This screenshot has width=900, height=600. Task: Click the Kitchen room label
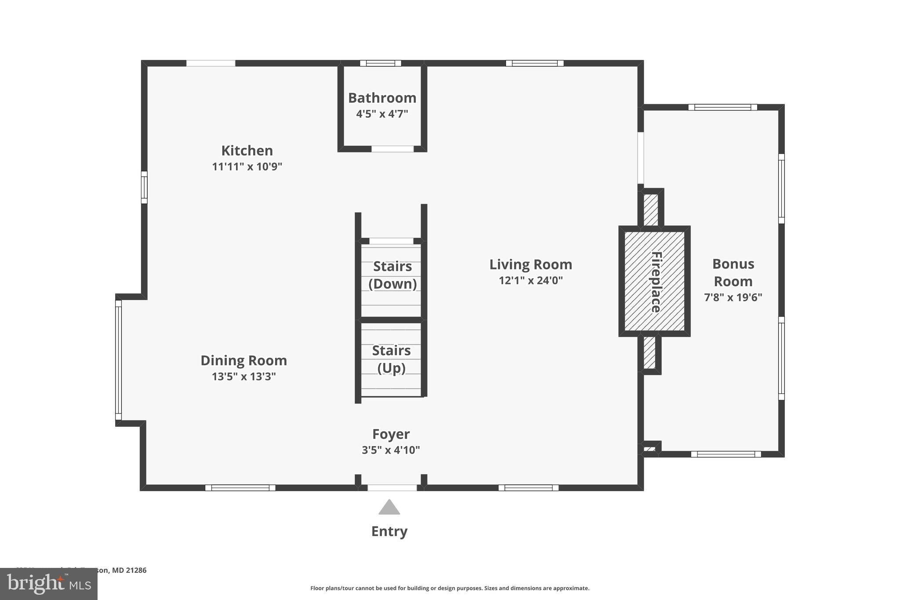(247, 151)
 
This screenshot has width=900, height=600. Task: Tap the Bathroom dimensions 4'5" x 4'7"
(382, 114)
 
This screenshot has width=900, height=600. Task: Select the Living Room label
(530, 265)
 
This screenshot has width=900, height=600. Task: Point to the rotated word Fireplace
(656, 282)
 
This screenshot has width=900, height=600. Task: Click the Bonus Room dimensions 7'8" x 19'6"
(733, 298)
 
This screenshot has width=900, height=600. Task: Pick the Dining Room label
(243, 360)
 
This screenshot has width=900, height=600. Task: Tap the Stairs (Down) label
(392, 275)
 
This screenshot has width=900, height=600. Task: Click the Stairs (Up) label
(391, 359)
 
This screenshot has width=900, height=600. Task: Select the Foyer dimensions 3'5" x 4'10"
(391, 450)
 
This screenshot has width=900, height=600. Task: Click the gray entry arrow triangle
(389, 508)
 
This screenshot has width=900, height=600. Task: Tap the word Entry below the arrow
(389, 531)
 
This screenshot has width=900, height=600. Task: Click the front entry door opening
(392, 487)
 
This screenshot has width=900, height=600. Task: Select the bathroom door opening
(392, 149)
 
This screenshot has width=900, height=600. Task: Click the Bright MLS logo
(48, 584)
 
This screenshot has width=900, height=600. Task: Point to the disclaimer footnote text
(450, 588)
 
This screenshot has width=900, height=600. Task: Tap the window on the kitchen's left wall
(144, 187)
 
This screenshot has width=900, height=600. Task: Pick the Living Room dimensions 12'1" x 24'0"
(530, 280)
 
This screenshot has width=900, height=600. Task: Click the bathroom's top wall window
(381, 63)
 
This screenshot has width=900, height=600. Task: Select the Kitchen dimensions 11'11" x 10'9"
(247, 167)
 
